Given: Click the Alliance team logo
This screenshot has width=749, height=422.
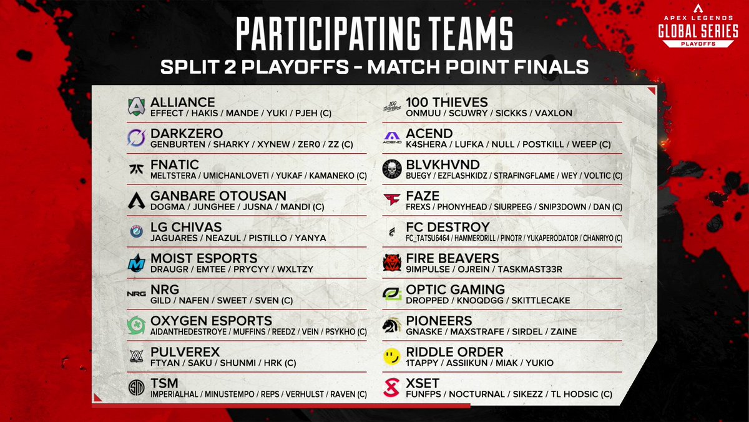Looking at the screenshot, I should (x=136, y=107).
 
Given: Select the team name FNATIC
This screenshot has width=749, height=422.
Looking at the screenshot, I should (x=175, y=164).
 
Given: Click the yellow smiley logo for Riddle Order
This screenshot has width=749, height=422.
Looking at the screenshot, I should (x=391, y=357).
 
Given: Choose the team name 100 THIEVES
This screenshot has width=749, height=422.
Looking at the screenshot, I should (x=446, y=102).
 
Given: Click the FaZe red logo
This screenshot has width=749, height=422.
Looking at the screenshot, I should (x=391, y=201).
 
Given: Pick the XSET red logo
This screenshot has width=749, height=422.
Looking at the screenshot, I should (x=391, y=388).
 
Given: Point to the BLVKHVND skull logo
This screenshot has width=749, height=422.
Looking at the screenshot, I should (x=391, y=169).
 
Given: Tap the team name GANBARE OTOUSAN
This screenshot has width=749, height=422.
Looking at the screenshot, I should (x=218, y=196).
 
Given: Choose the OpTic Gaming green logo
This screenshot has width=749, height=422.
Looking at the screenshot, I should (x=391, y=294).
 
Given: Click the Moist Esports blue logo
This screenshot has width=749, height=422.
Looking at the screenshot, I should (x=136, y=263).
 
